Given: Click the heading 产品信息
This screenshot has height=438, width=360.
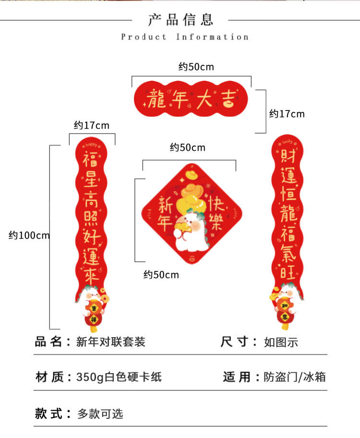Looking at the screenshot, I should point(180,20).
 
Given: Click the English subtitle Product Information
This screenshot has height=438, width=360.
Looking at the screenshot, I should point(185,37).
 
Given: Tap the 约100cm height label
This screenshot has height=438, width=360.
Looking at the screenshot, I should point(29,235).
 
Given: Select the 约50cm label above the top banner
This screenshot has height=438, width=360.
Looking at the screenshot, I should point(196,67).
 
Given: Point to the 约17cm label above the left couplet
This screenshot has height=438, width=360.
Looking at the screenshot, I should point(91,126).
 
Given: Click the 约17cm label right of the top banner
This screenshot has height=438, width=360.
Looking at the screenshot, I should point(287,114).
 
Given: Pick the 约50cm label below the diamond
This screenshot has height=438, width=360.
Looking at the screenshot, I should point(161,275).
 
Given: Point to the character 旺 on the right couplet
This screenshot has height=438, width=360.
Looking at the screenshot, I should point(287,272).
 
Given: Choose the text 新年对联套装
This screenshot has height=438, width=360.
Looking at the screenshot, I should point(111,342).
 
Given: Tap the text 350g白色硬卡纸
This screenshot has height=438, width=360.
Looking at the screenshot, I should point(119,377).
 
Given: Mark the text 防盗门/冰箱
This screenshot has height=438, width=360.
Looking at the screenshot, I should point(295,377).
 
